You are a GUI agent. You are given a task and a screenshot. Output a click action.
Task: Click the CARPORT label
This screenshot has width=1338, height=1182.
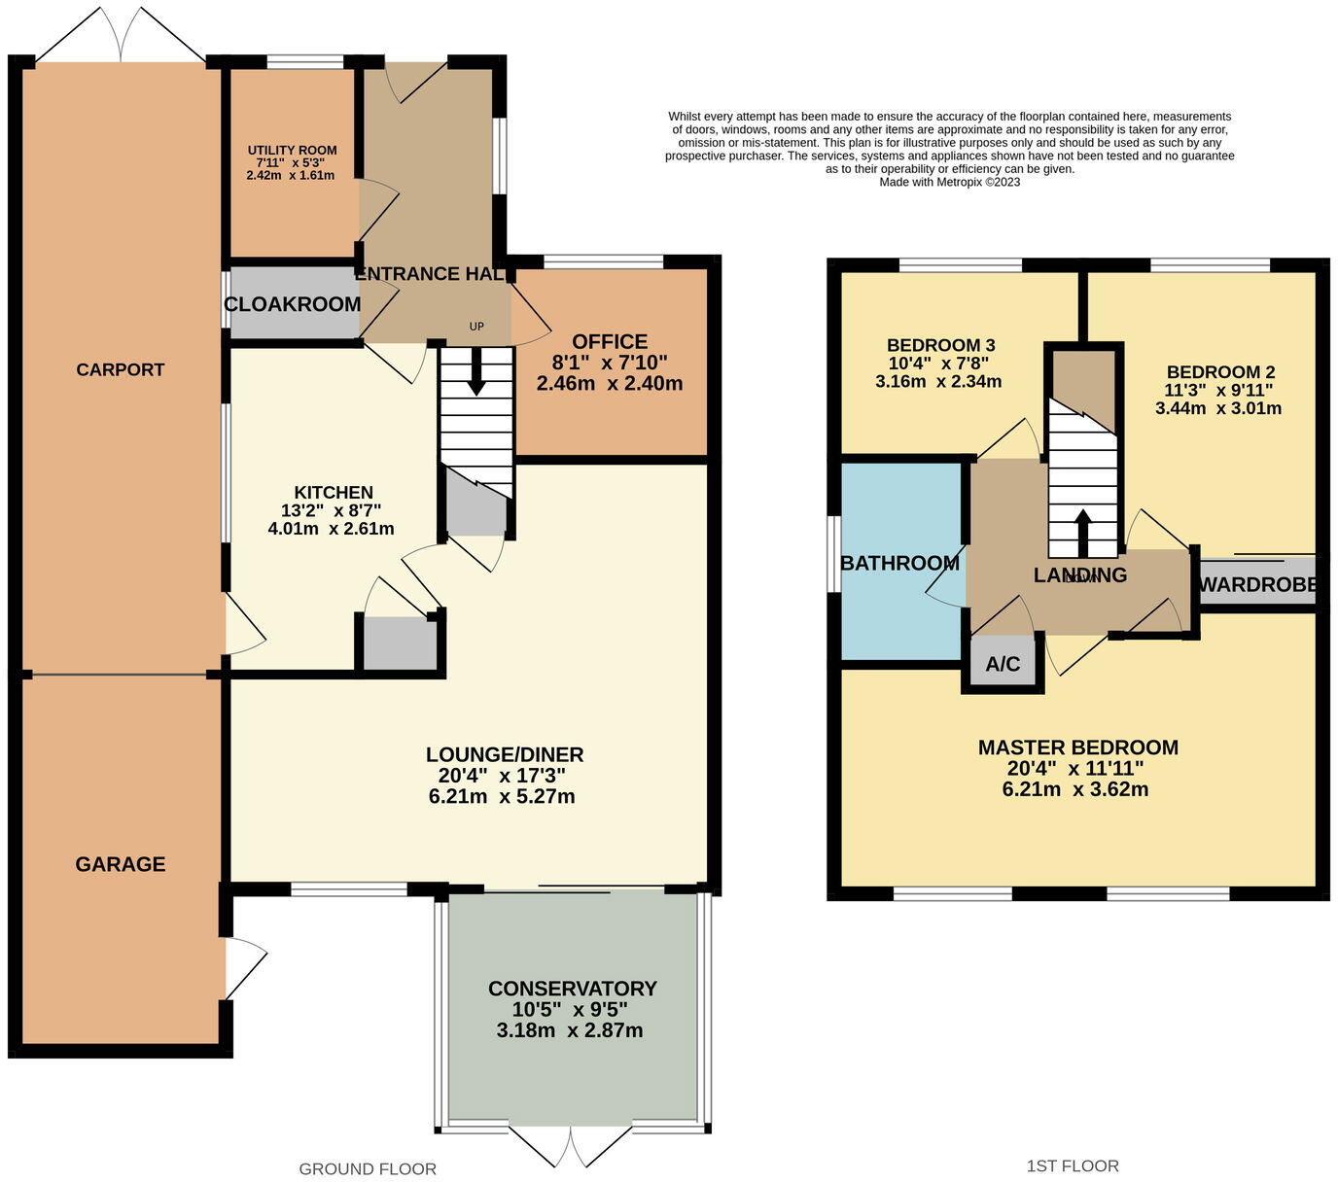[121, 369]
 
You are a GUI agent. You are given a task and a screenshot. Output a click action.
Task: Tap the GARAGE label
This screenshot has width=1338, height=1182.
[121, 864]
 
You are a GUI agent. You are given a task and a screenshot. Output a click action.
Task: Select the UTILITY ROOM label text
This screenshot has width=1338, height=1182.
[292, 151]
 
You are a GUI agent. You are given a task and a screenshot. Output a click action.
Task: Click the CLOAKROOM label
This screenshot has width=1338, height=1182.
[293, 304]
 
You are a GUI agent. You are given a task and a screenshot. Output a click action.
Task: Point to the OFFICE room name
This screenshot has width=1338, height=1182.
[610, 342]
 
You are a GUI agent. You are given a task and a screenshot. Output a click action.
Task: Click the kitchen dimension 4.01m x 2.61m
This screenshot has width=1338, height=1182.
[331, 530]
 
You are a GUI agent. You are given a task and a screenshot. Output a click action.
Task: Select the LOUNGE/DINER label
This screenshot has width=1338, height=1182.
[505, 755]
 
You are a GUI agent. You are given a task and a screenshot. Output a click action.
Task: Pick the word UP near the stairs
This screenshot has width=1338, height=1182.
[476, 327]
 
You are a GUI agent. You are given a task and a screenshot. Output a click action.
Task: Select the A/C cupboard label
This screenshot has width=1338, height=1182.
[1003, 664]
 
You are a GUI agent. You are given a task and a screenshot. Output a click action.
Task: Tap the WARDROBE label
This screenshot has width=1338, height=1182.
[1258, 585]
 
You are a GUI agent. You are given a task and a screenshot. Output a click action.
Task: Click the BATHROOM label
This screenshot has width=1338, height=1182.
[899, 563]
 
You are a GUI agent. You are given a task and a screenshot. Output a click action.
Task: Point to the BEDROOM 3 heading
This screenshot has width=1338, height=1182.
[940, 346]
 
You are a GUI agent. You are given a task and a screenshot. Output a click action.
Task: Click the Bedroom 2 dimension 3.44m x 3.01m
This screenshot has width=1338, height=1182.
[1218, 409]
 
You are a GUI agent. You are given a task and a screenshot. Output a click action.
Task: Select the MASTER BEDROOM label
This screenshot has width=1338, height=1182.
[1077, 747]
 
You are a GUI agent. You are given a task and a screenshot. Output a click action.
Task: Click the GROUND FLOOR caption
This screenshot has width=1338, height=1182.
[368, 1169]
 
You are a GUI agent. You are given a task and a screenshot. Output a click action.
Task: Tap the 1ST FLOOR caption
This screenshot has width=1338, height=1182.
[1073, 1166]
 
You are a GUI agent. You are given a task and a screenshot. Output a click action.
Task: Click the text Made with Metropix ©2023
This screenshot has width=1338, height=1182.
[950, 182]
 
